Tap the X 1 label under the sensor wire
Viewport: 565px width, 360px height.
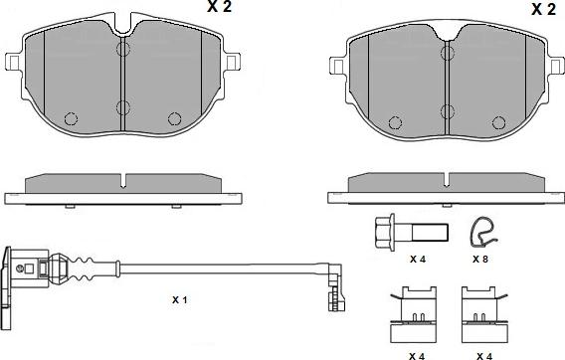[179, 299]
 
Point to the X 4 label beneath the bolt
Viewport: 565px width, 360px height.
[419, 259]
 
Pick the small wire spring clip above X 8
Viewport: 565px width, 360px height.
[482, 230]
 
